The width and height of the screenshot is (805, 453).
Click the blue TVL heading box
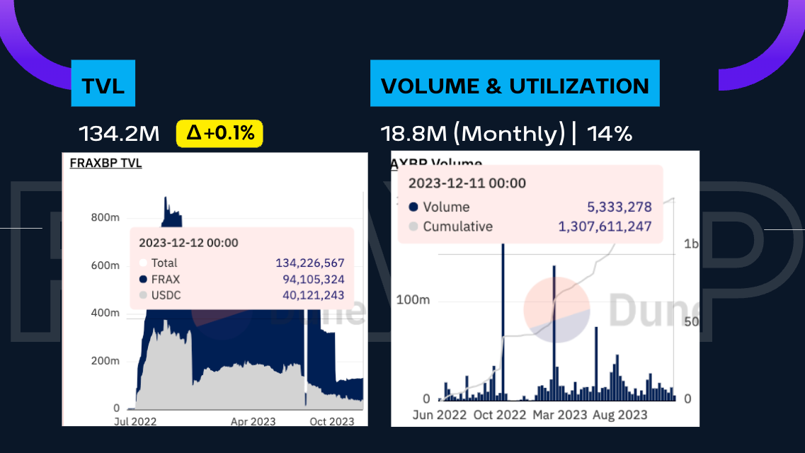pyautogui.click(x=103, y=86)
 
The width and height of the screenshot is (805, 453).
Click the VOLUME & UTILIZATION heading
pyautogui.click(x=515, y=86)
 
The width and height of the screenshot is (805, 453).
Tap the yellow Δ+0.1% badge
pyautogui.click(x=219, y=132)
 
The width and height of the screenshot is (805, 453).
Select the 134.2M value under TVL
pyautogui.click(x=119, y=133)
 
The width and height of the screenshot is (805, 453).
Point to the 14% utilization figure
pyautogui.click(x=613, y=133)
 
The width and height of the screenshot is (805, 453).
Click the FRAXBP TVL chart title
pyautogui.click(x=105, y=164)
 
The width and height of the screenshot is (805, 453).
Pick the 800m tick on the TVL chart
pyautogui.click(x=105, y=217)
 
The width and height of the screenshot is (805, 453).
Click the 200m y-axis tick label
pyautogui.click(x=105, y=361)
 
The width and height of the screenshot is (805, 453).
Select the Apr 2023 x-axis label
pyautogui.click(x=253, y=421)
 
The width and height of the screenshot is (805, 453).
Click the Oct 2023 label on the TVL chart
pyautogui.click(x=331, y=421)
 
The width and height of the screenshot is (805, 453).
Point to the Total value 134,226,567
pyautogui.click(x=309, y=263)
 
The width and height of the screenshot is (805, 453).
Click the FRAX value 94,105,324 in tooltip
pyautogui.click(x=313, y=279)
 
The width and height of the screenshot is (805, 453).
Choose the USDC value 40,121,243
pyautogui.click(x=313, y=295)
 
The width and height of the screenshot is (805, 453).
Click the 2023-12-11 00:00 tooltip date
pyautogui.click(x=467, y=183)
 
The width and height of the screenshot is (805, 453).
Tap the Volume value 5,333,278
pyautogui.click(x=619, y=207)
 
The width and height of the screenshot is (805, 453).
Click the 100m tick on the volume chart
pyautogui.click(x=413, y=300)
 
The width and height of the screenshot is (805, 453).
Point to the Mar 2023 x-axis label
pyautogui.click(x=559, y=415)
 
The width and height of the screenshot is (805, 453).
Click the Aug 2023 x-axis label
pyautogui.click(x=620, y=415)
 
